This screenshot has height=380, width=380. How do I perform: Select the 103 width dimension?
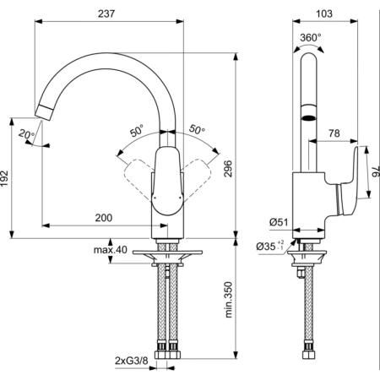(323, 14)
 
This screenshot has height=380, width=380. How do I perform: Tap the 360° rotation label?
(311, 37)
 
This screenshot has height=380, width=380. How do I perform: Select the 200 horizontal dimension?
(103, 218)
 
